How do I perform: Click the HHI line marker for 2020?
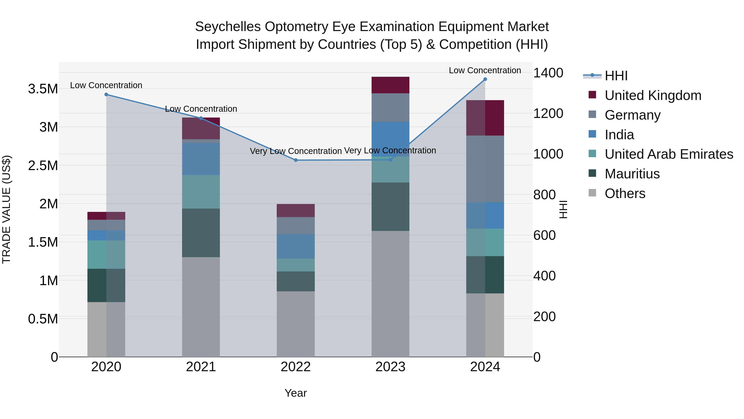pyautogui.click(x=106, y=95)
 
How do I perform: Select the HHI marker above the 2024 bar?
pyautogui.click(x=485, y=79)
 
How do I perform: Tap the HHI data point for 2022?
pyautogui.click(x=296, y=160)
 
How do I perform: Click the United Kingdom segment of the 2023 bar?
pyautogui.click(x=390, y=85)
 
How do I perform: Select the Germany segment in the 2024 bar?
pyautogui.click(x=485, y=169)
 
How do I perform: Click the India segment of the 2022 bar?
pyautogui.click(x=296, y=246)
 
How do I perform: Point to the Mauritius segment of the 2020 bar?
pyautogui.click(x=106, y=285)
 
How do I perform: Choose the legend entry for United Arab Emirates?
pyautogui.click(x=668, y=154)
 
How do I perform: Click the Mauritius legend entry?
pyautogui.click(x=632, y=174)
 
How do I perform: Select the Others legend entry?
pyautogui.click(x=625, y=193)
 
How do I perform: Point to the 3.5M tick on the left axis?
pyautogui.click(x=43, y=89)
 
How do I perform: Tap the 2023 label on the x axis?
pyautogui.click(x=390, y=367)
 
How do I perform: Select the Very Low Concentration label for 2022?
pyautogui.click(x=296, y=151)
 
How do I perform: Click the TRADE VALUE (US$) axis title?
pyautogui.click(x=6, y=209)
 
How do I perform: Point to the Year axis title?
pyautogui.click(x=296, y=393)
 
